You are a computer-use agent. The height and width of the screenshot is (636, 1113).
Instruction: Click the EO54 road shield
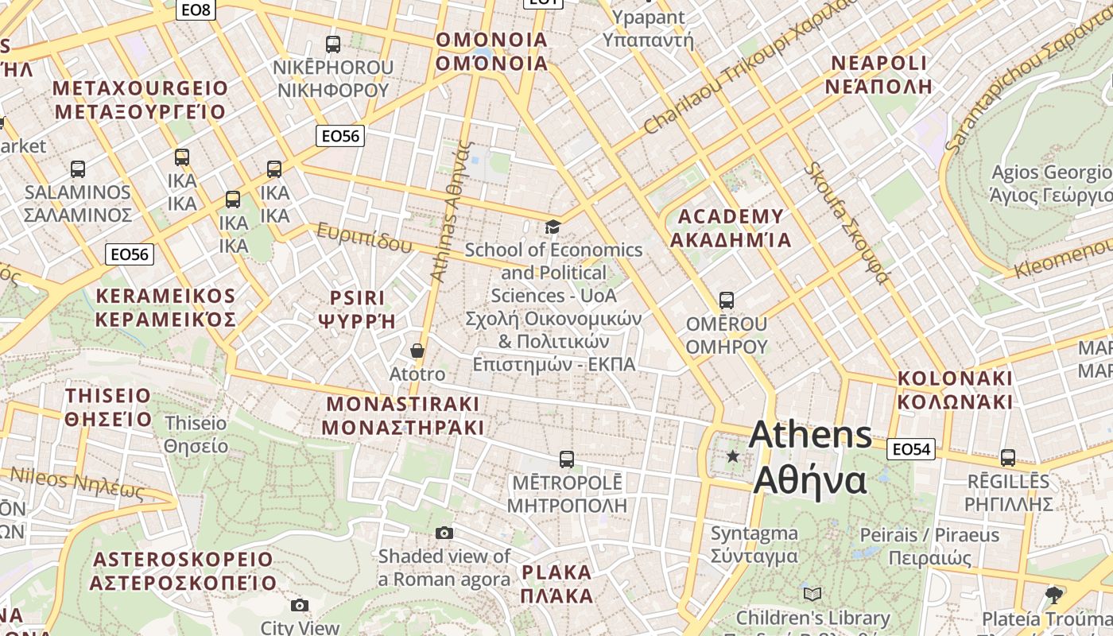point(911,449)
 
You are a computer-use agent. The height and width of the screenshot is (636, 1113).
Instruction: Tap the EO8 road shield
point(196,10)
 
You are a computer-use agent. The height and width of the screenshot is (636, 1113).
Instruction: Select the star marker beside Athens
point(732,456)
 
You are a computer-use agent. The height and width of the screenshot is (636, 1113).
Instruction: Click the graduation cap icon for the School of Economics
point(553,227)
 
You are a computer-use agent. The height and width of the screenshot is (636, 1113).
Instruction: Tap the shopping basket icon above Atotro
point(417,351)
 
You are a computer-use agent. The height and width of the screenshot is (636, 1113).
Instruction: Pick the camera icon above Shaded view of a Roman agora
point(444,533)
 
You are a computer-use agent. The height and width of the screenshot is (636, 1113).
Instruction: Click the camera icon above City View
point(300,605)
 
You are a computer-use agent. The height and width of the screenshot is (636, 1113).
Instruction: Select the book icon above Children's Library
point(812,594)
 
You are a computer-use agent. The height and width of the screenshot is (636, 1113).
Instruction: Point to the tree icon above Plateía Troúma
point(1054,595)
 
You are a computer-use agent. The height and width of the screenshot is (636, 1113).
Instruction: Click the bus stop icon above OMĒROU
point(726,301)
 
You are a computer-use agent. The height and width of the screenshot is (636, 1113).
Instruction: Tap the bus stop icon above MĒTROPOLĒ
point(566,459)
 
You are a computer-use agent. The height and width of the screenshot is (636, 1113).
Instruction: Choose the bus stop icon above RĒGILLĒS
point(1008,457)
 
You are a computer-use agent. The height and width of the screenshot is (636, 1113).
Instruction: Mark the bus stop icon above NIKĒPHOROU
point(333,45)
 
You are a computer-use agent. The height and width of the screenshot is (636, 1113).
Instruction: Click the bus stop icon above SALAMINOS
point(77,169)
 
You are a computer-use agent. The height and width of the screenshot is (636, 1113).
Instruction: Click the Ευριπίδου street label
point(365,237)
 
